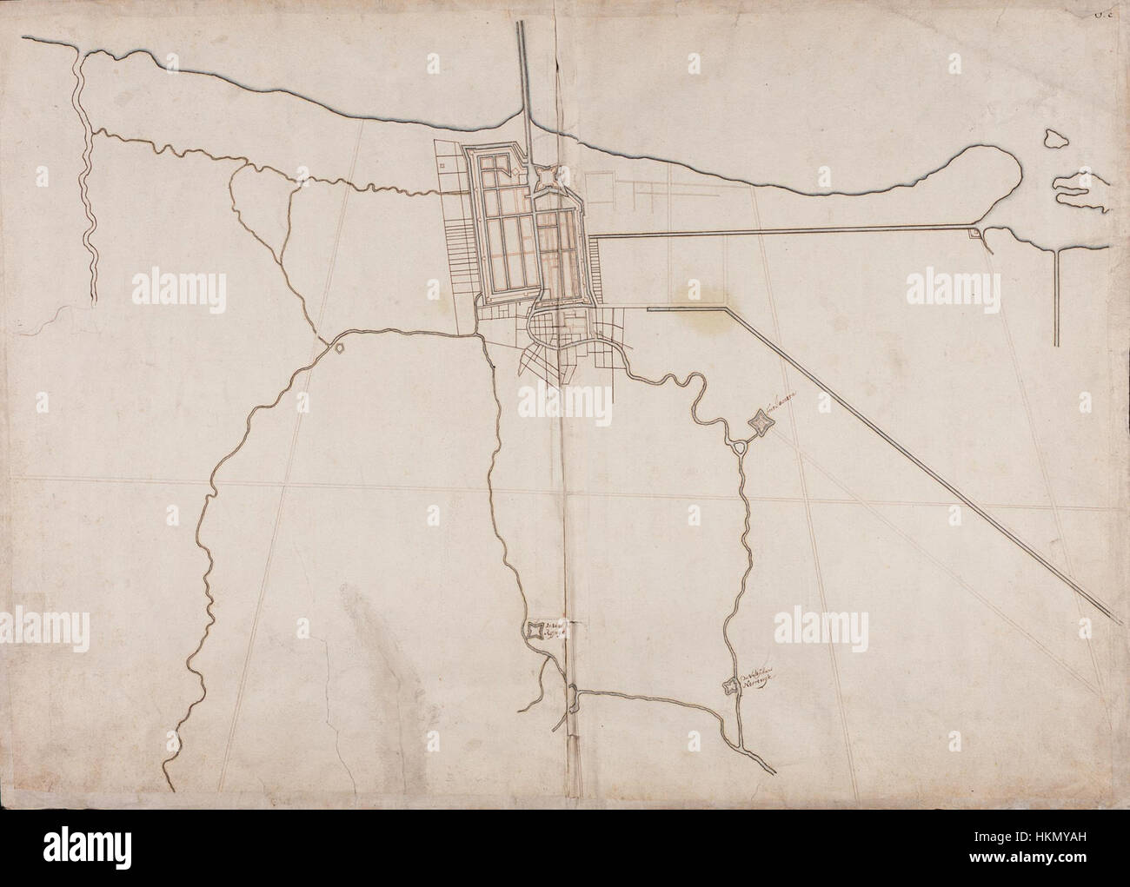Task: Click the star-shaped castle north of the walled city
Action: [x=547, y=177]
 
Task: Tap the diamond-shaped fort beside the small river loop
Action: [x=761, y=423]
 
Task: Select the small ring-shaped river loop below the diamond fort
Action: [x=740, y=447]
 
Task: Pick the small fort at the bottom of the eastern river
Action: [x=729, y=686]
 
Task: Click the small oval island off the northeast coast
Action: [x=1054, y=138]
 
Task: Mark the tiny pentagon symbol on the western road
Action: [x=338, y=348]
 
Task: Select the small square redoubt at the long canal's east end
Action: [x=975, y=232]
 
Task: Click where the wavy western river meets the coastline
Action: [x=79, y=52]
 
